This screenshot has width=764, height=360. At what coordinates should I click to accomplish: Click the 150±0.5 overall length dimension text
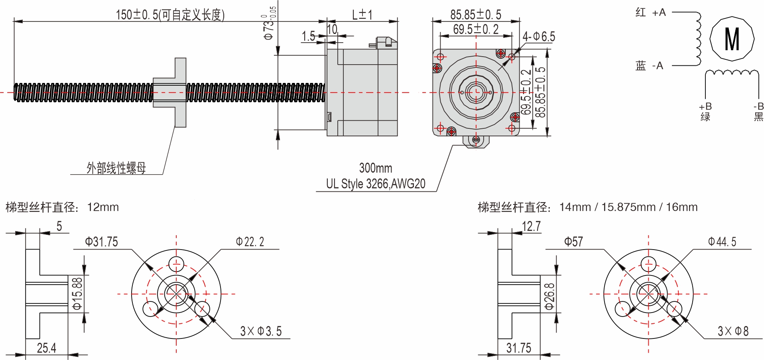pyautogui.click(x=170, y=15)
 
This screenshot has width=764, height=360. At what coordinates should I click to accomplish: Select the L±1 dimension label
pyautogui.click(x=362, y=15)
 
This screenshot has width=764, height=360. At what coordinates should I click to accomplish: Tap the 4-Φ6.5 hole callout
pyautogui.click(x=539, y=37)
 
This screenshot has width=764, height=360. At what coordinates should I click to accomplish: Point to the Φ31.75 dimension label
pyautogui.click(x=101, y=242)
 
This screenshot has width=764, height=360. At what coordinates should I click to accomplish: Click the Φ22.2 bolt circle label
pyautogui.click(x=250, y=242)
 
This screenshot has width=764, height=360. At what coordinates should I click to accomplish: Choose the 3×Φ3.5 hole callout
pyautogui.click(x=261, y=331)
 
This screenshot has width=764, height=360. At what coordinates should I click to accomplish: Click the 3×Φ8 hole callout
pyautogui.click(x=733, y=331)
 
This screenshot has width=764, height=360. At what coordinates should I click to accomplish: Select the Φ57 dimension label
pyautogui.click(x=573, y=242)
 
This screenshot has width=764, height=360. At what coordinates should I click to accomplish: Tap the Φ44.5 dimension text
pyautogui.click(x=722, y=242)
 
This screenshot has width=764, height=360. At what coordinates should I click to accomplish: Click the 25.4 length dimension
pyautogui.click(x=46, y=348)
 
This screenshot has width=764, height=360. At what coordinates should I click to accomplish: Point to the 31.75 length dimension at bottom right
pyautogui.click(x=518, y=348)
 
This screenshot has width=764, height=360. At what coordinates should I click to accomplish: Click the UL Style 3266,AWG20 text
pyautogui.click(x=376, y=184)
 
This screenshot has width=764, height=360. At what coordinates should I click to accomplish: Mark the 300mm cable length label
pyautogui.click(x=376, y=168)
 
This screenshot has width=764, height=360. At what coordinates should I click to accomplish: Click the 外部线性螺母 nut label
pyautogui.click(x=116, y=168)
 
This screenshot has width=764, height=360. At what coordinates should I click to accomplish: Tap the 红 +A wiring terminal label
pyautogui.click(x=650, y=12)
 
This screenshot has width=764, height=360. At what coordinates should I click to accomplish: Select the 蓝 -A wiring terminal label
pyautogui.click(x=649, y=65)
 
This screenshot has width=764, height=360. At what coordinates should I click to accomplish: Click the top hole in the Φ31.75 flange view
pyautogui.click(x=176, y=264)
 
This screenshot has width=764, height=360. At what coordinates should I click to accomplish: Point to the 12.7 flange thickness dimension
pyautogui.click(x=531, y=226)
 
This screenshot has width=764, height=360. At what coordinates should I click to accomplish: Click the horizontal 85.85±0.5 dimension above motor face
pyautogui.click(x=476, y=15)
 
